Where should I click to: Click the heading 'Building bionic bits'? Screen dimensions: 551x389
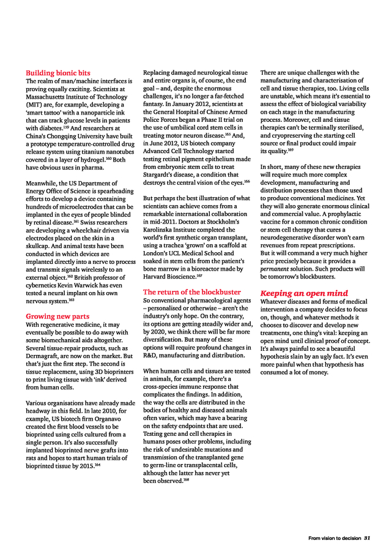click(x=58, y=72)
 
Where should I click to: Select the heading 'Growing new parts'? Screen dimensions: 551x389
click(x=57, y=316)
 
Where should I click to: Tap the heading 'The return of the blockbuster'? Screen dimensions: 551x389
click(x=192, y=292)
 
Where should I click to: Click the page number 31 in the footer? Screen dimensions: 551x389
click(x=367, y=538)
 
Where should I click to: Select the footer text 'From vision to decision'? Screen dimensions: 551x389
click(x=335, y=538)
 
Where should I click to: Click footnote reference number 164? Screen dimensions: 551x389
click(x=97, y=464)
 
